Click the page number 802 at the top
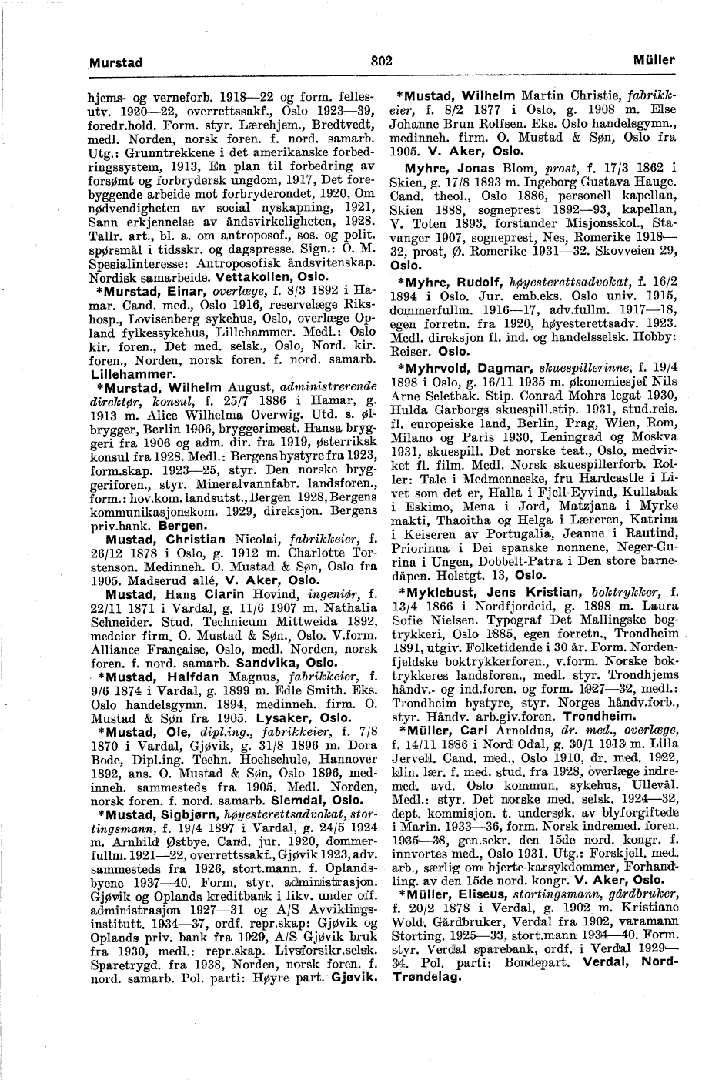pyautogui.click(x=381, y=62)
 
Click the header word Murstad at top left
pyautogui.click(x=116, y=62)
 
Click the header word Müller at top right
pyautogui.click(x=654, y=60)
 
